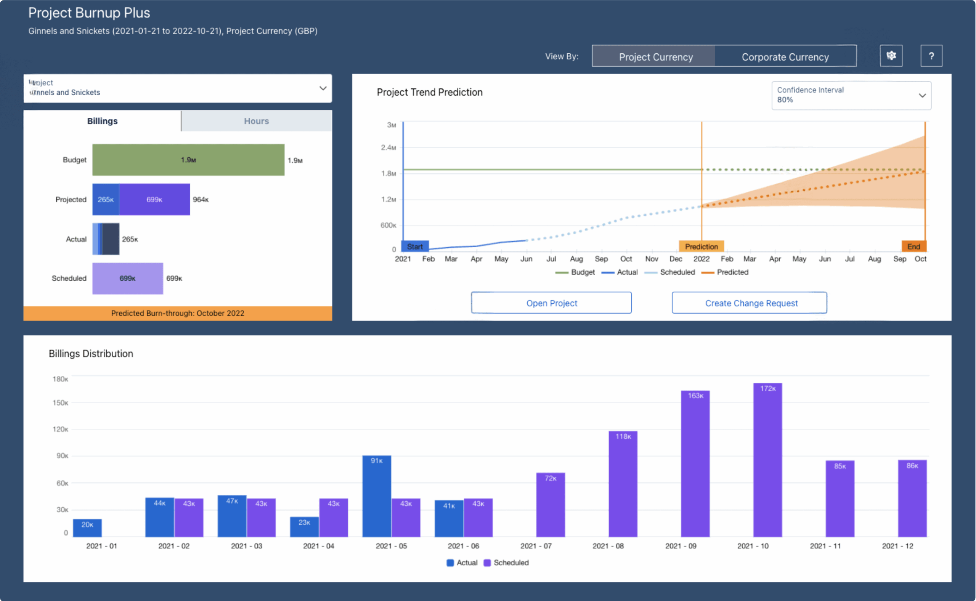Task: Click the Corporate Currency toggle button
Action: [x=785, y=57]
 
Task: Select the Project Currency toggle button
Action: [x=656, y=57]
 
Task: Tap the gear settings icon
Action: [x=891, y=56]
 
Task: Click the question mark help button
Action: [x=931, y=56]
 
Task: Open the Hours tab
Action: [x=256, y=121]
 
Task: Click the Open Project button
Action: [x=551, y=303]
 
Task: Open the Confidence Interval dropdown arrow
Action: [x=922, y=95]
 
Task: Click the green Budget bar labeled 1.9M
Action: [x=188, y=160]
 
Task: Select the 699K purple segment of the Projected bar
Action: [x=154, y=200]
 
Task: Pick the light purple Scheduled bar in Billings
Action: [x=127, y=278]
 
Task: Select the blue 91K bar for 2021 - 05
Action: [x=377, y=496]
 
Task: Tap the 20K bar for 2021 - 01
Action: [x=87, y=527]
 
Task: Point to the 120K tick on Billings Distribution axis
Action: [x=61, y=429]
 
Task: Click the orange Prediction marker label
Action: [x=701, y=247]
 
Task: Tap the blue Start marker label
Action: [x=415, y=247]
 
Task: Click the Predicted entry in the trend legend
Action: [x=732, y=272]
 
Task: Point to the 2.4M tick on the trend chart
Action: [x=388, y=147]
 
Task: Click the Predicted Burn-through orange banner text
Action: [x=177, y=313]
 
